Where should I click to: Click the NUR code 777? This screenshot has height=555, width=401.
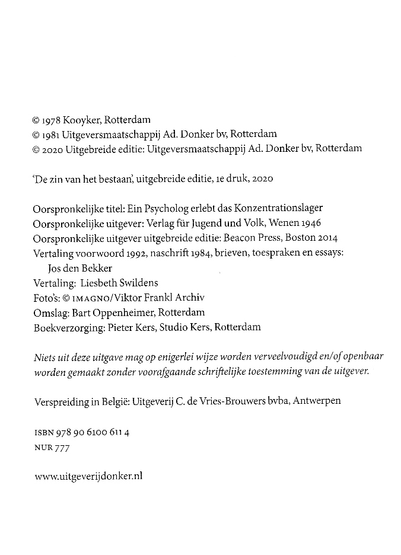click(62, 448)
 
